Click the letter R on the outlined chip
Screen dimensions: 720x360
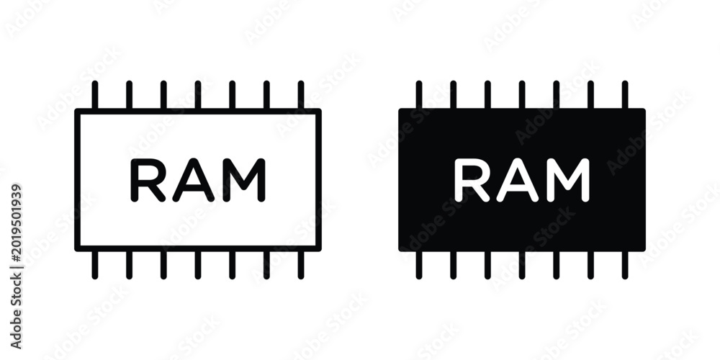[x=148, y=180]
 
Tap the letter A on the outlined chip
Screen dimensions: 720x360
[x=193, y=180]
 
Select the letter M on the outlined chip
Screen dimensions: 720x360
[x=244, y=180]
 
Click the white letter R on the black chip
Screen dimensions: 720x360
[x=472, y=180]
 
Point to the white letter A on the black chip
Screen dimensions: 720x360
[x=517, y=180]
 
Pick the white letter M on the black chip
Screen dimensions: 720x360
[x=567, y=180]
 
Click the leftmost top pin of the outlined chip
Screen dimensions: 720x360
[x=94, y=94]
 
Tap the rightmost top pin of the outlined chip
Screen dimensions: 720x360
[x=301, y=94]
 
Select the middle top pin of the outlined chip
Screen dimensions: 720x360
[x=197, y=94]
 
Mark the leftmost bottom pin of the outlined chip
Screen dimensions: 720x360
[x=94, y=265]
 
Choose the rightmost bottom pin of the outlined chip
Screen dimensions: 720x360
[x=301, y=265]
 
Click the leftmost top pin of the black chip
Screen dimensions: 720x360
[x=419, y=94]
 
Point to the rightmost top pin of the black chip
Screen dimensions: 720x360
[x=625, y=94]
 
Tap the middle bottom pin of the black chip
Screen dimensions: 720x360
[x=521, y=265]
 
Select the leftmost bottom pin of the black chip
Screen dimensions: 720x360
[x=419, y=265]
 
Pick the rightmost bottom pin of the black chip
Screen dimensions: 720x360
[x=625, y=265]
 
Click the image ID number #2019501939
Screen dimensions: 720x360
[x=16, y=222]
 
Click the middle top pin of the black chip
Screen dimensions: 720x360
[x=521, y=94]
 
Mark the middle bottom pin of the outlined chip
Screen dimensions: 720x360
[x=197, y=265]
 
